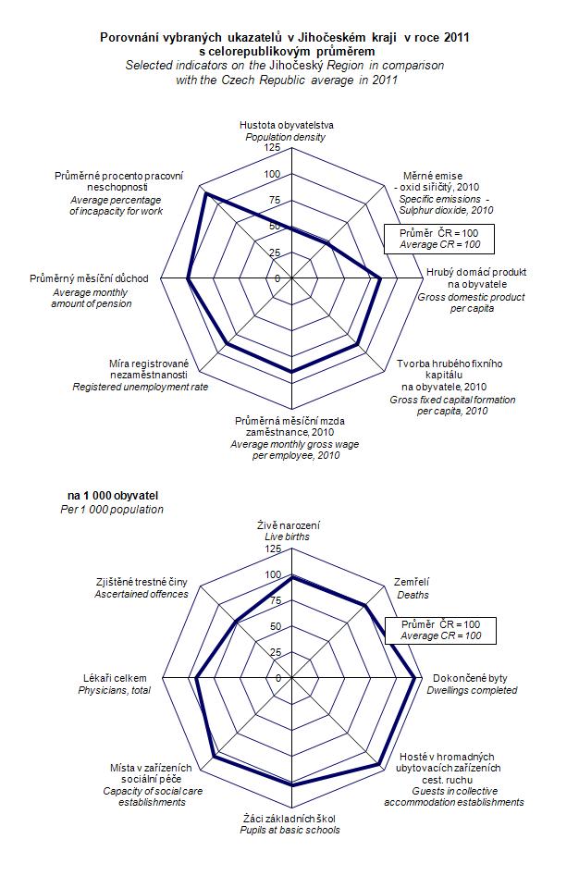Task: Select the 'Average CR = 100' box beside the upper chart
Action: [439, 239]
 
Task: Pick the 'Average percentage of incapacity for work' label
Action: [117, 205]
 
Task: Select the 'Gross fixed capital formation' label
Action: [452, 400]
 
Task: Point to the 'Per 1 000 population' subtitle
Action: [111, 510]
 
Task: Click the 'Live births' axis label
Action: [287, 536]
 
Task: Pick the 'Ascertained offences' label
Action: [141, 594]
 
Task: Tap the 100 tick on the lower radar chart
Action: [272, 574]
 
